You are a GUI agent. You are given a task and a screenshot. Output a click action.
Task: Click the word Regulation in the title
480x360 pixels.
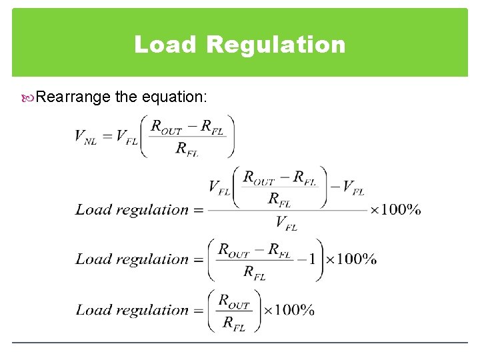(x=276, y=45)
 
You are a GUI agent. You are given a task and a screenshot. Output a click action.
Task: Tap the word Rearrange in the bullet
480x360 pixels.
(x=73, y=97)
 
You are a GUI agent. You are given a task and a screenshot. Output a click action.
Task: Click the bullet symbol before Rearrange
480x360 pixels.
(x=28, y=98)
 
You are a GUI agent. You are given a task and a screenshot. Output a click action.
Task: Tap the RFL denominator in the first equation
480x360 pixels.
(x=187, y=149)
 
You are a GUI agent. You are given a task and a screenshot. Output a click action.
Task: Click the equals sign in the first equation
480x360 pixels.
(x=105, y=137)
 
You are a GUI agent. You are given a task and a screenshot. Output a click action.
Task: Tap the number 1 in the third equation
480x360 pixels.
(x=311, y=259)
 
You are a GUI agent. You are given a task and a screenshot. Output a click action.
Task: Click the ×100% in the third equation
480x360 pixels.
(x=351, y=259)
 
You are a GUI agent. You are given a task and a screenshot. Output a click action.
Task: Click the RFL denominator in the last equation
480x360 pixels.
(x=233, y=324)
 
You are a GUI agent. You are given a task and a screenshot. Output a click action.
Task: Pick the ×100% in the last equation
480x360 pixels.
(x=289, y=310)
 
